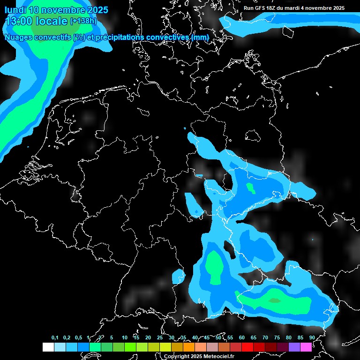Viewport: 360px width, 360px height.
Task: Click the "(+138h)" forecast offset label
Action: pyautogui.click(x=83, y=21)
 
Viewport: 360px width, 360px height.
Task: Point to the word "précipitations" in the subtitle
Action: pyautogui.click(x=120, y=37)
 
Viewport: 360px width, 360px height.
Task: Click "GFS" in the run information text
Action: pyautogui.click(x=260, y=8)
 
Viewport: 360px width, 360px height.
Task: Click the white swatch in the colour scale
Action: pyautogui.click(x=48, y=347)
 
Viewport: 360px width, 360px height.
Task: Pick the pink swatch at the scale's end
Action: pyautogui.click(x=306, y=347)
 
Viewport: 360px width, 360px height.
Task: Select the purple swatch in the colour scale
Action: pyautogui.click(x=294, y=347)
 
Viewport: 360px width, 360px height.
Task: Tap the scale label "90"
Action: pyautogui.click(x=312, y=337)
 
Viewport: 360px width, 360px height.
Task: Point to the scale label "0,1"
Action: pyautogui.click(x=55, y=337)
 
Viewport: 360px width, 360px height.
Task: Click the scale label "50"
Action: pyautogui.click(x=218, y=337)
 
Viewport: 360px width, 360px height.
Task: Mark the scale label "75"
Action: pyautogui.click(x=277, y=337)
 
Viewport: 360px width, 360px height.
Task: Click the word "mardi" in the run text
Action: pyautogui.click(x=296, y=8)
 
